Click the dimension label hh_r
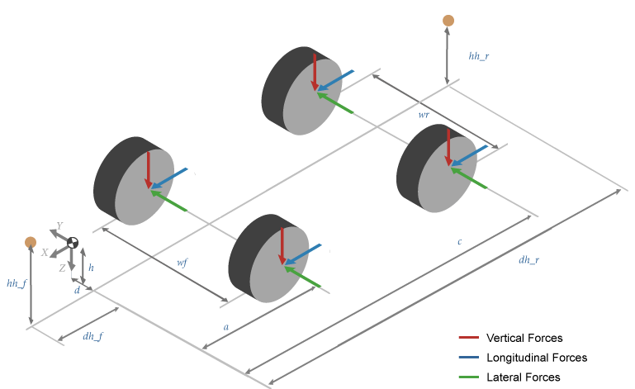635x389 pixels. coord(479,56)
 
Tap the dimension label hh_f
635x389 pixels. coord(17,283)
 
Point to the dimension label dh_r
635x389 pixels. coord(529,260)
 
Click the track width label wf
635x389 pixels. coord(182,262)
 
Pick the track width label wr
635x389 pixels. coord(424,115)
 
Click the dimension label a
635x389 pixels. coord(226,327)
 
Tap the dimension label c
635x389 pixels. coord(459,242)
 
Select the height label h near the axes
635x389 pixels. coord(91,268)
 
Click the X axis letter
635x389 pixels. coord(45,253)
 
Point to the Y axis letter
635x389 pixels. coord(59,225)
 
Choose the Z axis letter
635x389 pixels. coord(62,268)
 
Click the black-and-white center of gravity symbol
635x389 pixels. coord(73,242)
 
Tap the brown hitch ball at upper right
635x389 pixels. coord(448,20)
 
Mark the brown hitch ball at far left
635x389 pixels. coord(31,242)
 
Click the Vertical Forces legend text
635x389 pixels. coord(524,338)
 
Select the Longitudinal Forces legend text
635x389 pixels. coord(537,358)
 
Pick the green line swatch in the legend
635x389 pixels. coord(469,377)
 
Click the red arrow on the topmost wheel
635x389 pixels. coord(314,69)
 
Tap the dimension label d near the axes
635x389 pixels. coord(77,290)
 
